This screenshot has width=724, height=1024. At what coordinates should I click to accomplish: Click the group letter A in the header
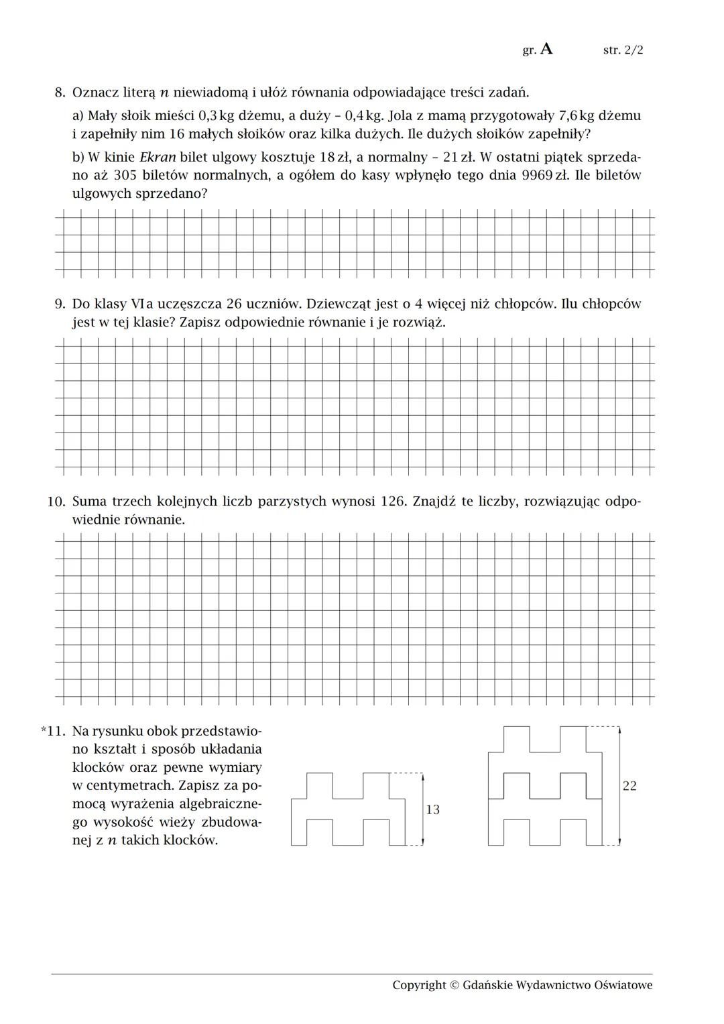point(546,49)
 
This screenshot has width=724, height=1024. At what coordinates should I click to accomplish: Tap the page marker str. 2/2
point(623,50)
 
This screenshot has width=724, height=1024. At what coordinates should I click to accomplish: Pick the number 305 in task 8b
point(125,176)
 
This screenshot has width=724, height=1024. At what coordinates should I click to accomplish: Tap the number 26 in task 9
point(234,304)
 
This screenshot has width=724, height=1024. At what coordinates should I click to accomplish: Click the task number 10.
point(56,502)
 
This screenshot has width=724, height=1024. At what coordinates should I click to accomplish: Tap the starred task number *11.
point(53,731)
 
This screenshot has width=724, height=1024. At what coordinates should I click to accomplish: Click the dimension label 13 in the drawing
point(433,810)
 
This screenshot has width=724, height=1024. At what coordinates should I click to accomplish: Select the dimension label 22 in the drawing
point(629,786)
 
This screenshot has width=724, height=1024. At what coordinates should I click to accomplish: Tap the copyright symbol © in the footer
point(454,985)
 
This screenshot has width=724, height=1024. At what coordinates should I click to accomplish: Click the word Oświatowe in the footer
point(623,985)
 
